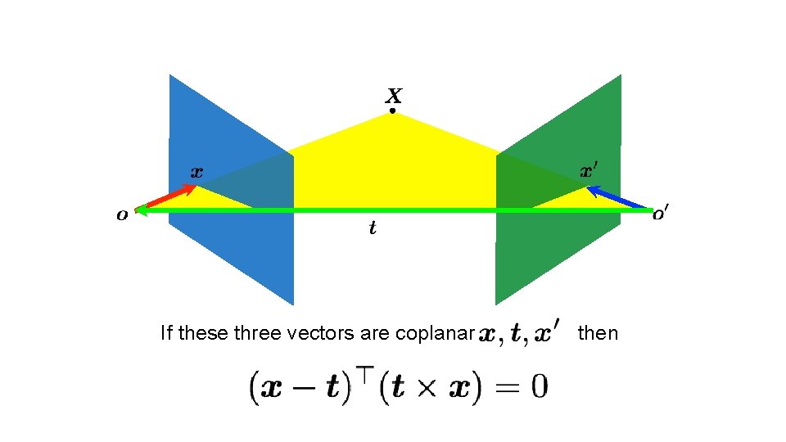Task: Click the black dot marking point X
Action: tap(392, 110)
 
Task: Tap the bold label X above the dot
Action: tap(393, 95)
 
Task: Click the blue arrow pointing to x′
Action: tap(619, 198)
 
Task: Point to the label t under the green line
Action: tap(373, 228)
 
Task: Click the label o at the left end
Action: tap(122, 215)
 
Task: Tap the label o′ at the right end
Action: tap(661, 215)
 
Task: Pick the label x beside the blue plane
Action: tap(196, 173)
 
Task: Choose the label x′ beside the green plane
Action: tap(589, 172)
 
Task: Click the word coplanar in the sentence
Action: tap(435, 334)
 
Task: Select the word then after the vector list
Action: tap(598, 333)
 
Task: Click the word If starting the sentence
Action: tap(166, 333)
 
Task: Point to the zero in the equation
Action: tap(537, 386)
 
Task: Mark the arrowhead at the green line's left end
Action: tap(141, 210)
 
